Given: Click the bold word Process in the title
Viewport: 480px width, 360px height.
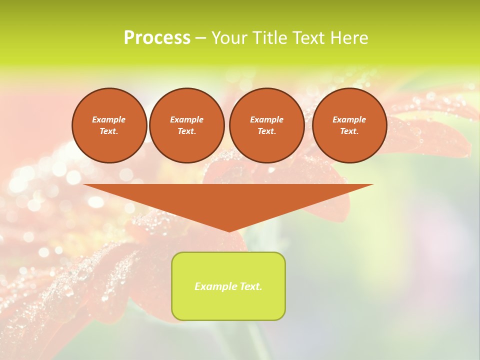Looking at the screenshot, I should tap(157, 38).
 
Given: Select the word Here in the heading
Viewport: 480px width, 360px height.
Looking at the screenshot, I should tap(349, 38).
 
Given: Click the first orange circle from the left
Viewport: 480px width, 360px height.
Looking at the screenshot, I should tap(109, 125).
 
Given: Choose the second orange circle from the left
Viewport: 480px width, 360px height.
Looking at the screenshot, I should tap(186, 125).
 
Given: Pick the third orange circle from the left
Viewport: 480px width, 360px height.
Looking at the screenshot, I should tap(266, 125).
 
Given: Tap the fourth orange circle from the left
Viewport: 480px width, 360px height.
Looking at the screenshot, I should tap(349, 125).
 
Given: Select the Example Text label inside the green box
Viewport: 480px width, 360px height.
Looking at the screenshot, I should tap(228, 286).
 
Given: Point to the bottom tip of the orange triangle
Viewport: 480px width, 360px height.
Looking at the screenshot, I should tap(229, 231).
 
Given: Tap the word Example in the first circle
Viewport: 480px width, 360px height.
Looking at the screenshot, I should tap(109, 119).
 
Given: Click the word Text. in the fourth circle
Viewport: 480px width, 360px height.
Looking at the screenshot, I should tap(349, 131).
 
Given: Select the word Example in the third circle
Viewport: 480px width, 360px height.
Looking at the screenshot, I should tap(266, 119).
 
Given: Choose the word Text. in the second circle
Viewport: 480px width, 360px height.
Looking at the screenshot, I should tap(186, 131).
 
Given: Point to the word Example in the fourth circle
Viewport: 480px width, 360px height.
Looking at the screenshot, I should tap(349, 119).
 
